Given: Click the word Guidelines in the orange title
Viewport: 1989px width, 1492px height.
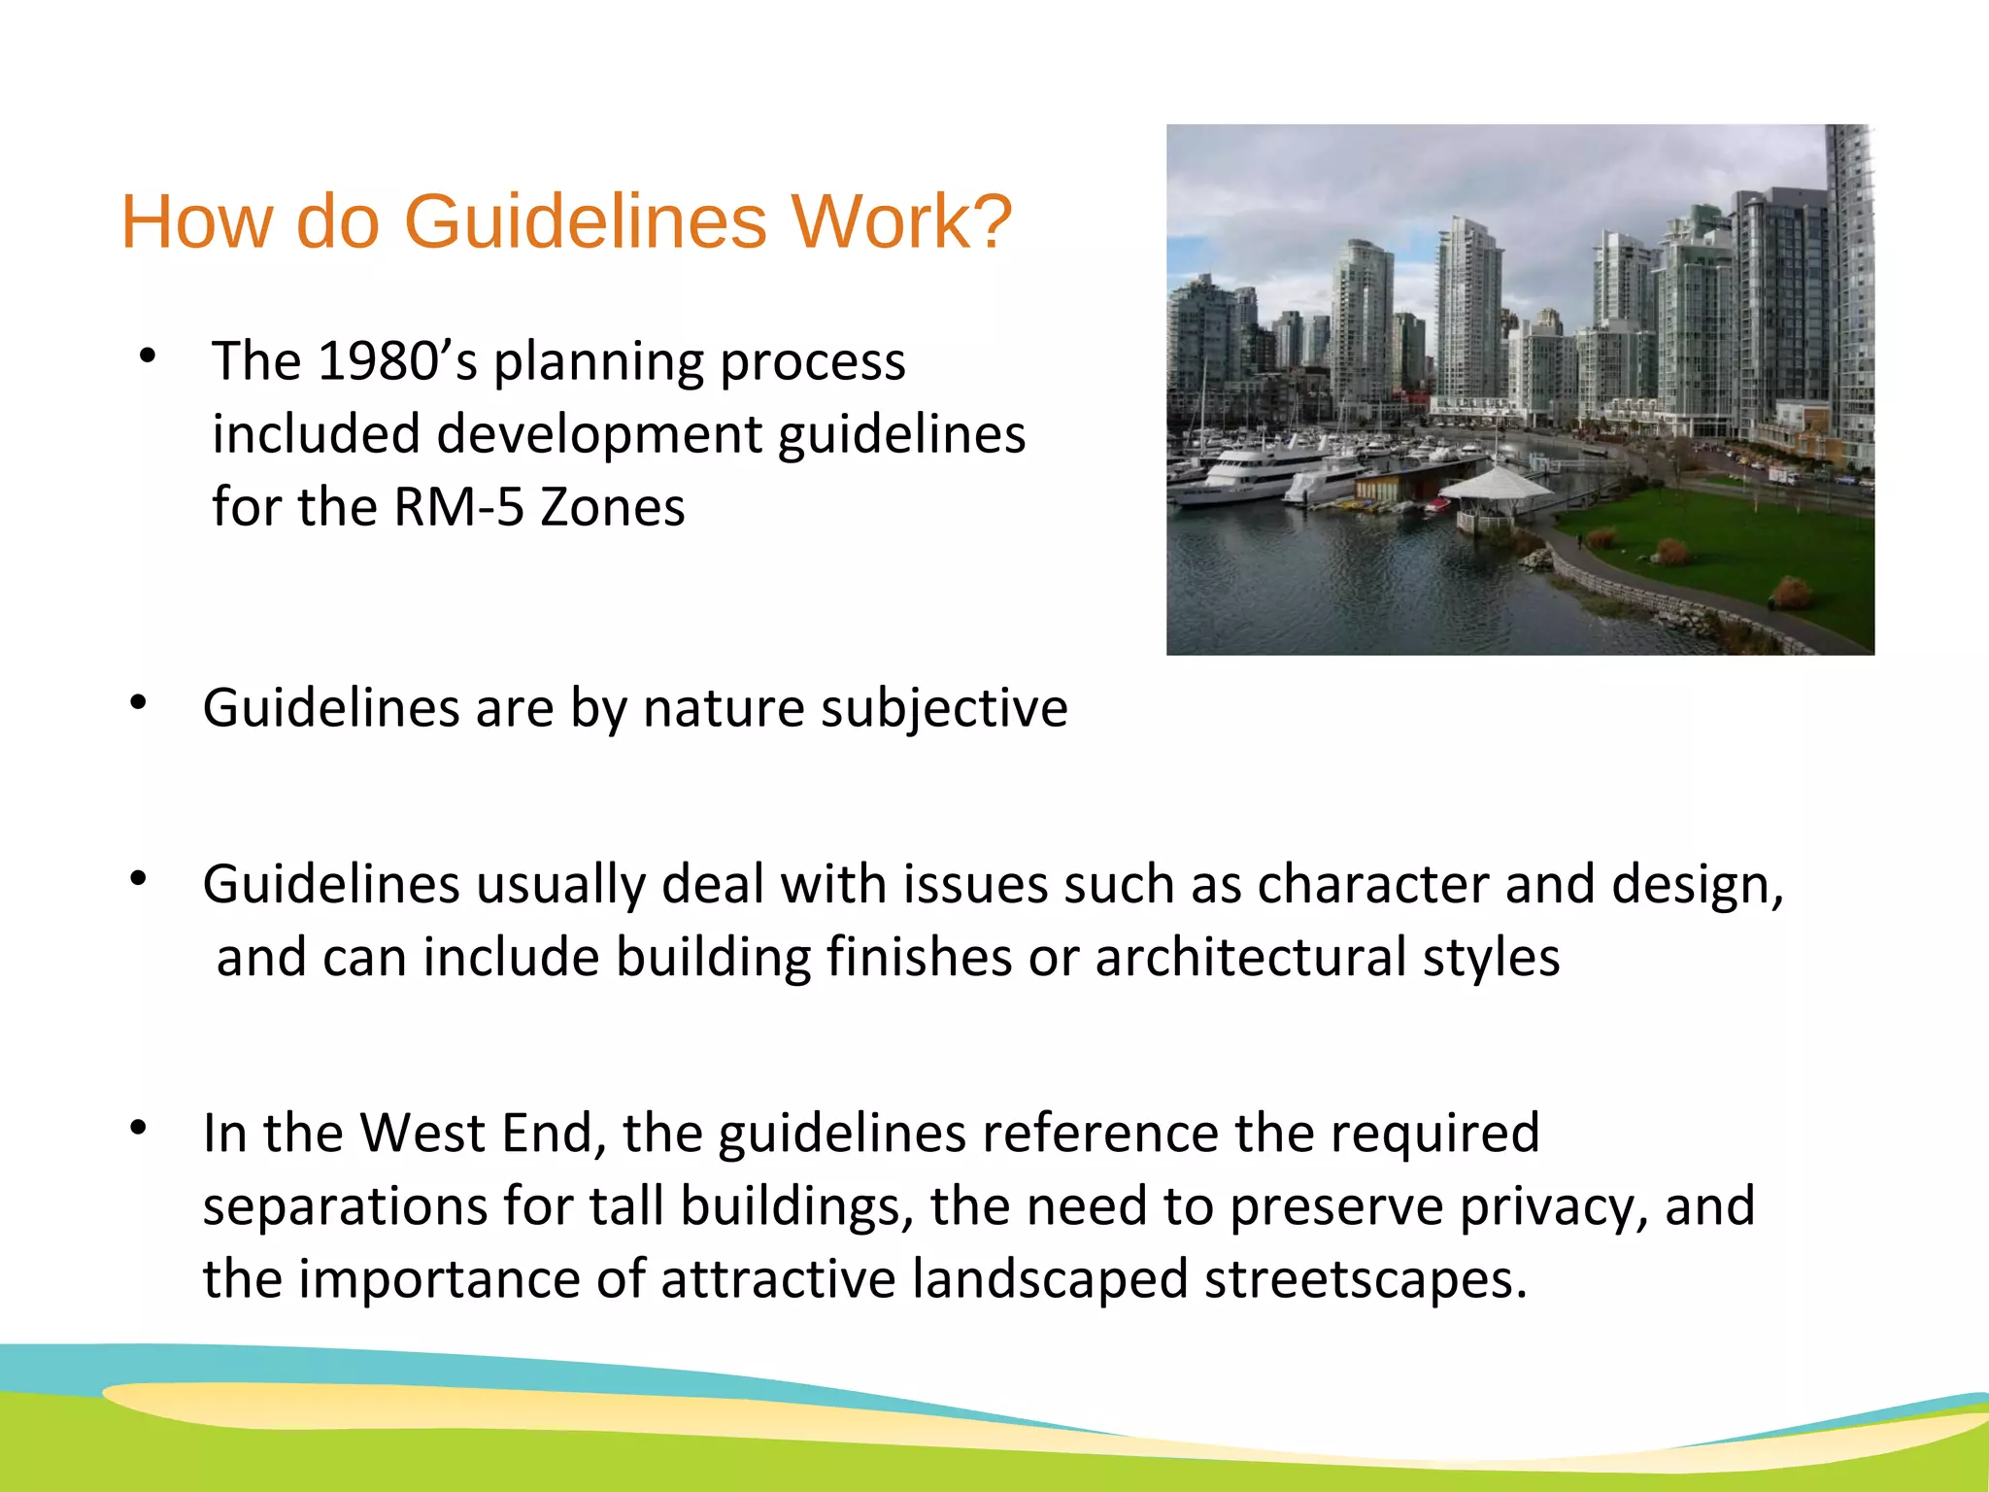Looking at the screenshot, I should [585, 222].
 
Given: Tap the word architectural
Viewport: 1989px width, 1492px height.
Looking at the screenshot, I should [1251, 958].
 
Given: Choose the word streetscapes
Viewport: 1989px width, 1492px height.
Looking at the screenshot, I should [1365, 1279].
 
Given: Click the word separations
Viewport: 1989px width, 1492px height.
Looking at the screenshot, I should [344, 1207].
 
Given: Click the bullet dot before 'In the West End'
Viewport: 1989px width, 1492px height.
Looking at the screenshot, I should [139, 1127].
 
